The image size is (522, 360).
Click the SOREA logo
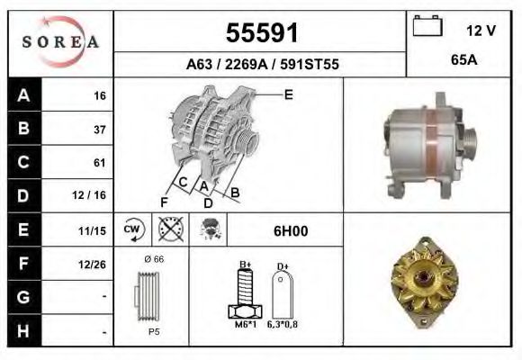pyautogui.click(x=60, y=42)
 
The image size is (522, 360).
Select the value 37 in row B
pyautogui.click(x=99, y=129)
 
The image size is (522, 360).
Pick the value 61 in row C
pyautogui.click(x=99, y=163)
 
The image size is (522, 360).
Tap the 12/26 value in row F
pyautogui.click(x=94, y=264)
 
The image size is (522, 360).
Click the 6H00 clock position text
pyautogui.click(x=290, y=230)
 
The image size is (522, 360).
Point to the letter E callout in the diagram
pyautogui.click(x=288, y=94)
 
